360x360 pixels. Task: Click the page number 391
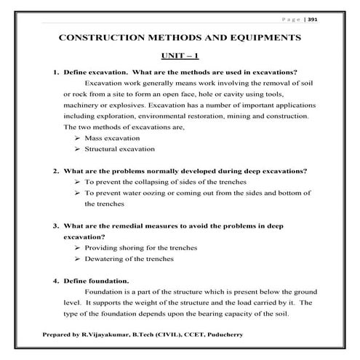click(x=333, y=20)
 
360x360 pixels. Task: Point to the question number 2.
click(x=55, y=172)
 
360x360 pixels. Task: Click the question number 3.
click(x=55, y=226)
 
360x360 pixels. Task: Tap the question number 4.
click(x=55, y=281)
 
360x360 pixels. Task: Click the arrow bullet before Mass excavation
click(x=77, y=138)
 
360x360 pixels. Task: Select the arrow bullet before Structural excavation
click(x=77, y=149)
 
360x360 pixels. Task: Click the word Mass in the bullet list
click(x=94, y=138)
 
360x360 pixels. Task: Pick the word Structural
click(x=103, y=149)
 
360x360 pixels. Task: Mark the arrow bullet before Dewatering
click(x=77, y=259)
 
